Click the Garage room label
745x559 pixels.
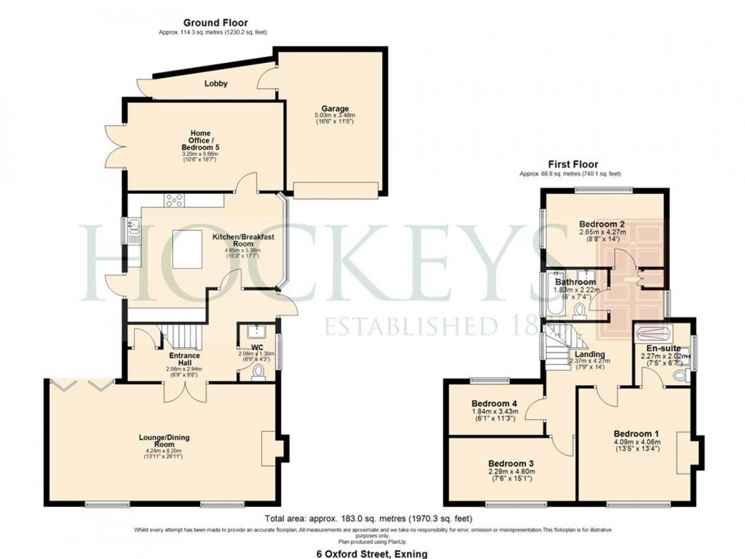pyautogui.click(x=335, y=108)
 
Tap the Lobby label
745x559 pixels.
pyautogui.click(x=216, y=84)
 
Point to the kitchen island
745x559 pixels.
pyautogui.click(x=189, y=249)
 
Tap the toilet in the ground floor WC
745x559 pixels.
pyautogui.click(x=259, y=373)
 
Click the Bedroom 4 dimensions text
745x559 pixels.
pyautogui.click(x=494, y=415)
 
